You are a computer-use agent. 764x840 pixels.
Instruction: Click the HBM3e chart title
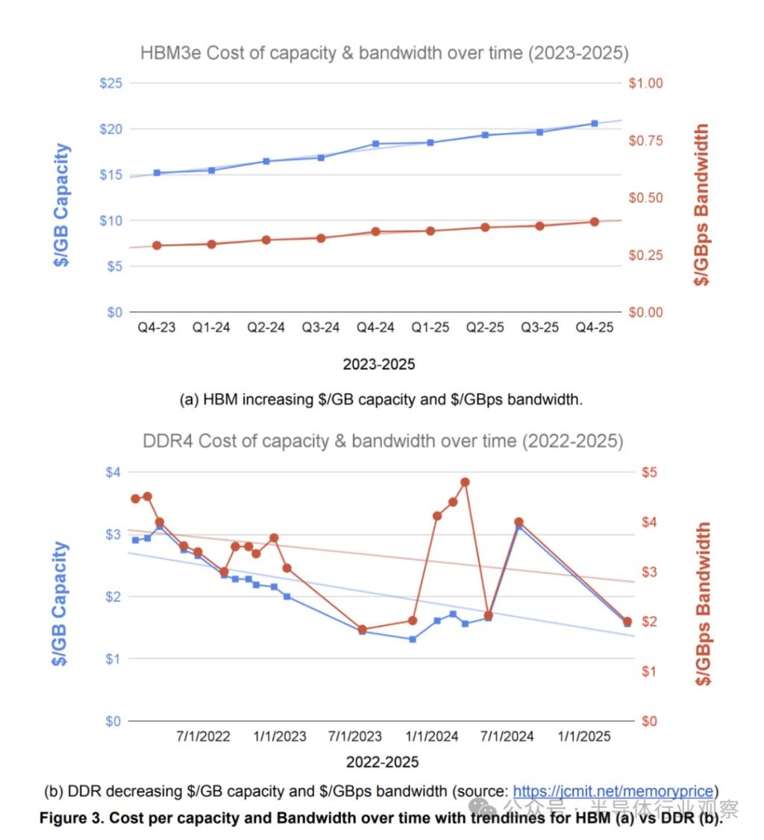384,54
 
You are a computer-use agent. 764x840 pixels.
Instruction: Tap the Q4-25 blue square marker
595,123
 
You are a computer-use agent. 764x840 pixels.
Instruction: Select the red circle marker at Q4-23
157,245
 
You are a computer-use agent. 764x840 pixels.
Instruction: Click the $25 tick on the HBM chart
111,83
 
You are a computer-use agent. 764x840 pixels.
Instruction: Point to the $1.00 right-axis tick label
645,83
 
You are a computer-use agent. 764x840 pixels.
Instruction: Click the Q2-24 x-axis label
266,328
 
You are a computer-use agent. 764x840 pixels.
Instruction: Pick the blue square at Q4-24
376,143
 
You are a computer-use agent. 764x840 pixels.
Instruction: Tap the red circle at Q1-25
430,231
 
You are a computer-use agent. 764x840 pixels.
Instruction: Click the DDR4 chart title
383,441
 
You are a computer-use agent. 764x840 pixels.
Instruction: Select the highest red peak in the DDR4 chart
465,482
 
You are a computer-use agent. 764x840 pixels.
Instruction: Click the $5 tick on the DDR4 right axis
649,472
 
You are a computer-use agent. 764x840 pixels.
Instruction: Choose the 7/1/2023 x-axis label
355,737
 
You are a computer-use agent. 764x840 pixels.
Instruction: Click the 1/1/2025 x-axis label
585,737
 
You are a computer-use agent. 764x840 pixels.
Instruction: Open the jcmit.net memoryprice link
615,791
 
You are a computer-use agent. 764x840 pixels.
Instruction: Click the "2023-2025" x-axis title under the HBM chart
379,365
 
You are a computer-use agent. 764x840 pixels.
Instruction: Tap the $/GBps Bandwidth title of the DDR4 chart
702,603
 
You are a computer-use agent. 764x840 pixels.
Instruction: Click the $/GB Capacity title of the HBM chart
65,205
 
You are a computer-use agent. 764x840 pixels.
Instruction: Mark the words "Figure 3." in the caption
70,818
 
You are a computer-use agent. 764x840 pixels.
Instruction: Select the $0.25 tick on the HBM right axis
645,255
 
